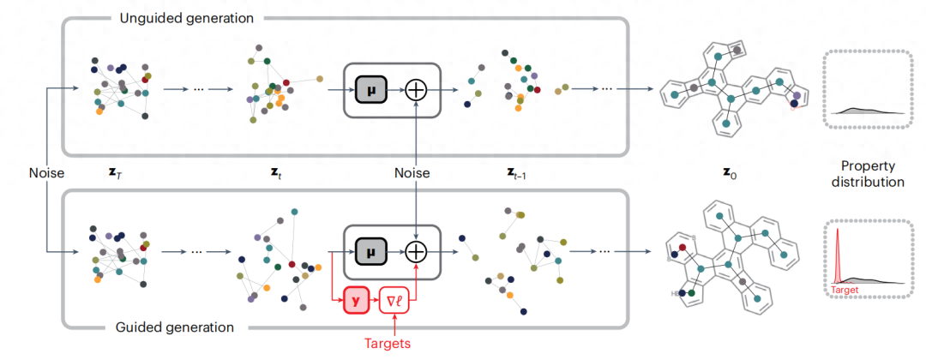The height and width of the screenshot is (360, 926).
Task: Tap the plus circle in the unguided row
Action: [x=416, y=88]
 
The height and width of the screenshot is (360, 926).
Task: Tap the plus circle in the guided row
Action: [x=416, y=250]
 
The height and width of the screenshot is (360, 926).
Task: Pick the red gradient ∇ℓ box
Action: [x=396, y=300]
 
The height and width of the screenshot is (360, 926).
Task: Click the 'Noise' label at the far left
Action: [x=46, y=173]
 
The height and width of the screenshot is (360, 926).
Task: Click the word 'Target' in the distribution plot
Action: [x=845, y=290]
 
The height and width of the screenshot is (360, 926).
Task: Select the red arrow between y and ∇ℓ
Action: [x=375, y=300]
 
